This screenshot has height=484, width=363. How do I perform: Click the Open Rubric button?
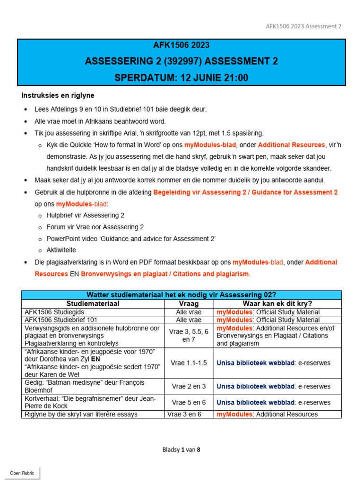(22, 473)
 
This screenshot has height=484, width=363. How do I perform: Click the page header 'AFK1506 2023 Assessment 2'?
(303, 26)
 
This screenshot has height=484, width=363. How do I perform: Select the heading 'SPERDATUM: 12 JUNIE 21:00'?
(181, 78)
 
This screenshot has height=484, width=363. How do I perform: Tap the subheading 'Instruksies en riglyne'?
(58, 95)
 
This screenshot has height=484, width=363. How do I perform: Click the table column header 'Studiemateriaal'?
(93, 303)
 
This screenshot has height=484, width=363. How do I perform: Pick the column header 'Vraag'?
(189, 303)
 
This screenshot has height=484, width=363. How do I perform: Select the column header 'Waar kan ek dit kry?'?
(277, 303)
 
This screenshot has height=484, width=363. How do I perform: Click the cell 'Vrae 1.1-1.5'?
(189, 363)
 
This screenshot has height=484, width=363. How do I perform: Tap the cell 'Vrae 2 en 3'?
(189, 386)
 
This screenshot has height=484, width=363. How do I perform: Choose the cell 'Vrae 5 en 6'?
(189, 402)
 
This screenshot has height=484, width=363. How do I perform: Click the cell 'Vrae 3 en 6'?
(189, 414)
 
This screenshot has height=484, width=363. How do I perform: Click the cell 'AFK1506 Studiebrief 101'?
(64, 320)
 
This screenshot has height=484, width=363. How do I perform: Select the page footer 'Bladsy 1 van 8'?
(181, 449)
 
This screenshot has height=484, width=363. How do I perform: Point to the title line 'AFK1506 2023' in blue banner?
(181, 45)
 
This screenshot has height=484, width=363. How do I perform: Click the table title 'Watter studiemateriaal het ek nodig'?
(181, 295)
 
